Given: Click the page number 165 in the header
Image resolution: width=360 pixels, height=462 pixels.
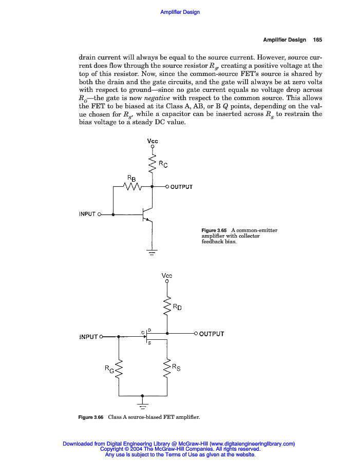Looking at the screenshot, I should (x=317, y=40).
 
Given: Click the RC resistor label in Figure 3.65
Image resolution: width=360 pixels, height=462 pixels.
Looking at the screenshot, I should (x=163, y=164).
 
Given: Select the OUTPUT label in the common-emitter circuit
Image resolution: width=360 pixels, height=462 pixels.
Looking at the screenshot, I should (x=181, y=187).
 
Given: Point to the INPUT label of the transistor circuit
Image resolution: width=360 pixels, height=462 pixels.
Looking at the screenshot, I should (x=87, y=214).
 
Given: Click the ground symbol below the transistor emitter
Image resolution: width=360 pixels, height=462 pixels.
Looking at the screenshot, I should (x=152, y=251).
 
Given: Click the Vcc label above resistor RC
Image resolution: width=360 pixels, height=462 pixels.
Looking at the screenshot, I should (x=153, y=141).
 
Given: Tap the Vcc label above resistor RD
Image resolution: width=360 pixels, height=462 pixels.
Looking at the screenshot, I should (x=167, y=276).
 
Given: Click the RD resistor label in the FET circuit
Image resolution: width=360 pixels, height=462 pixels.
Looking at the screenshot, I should (x=177, y=307).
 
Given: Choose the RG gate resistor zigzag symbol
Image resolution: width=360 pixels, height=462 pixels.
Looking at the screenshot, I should (x=119, y=369).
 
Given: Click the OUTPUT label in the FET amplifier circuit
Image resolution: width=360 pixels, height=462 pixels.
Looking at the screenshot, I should (x=212, y=334).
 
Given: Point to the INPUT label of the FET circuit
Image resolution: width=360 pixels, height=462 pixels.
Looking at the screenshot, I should (x=88, y=337).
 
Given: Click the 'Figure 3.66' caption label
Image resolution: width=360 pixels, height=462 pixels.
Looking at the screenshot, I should (x=91, y=417).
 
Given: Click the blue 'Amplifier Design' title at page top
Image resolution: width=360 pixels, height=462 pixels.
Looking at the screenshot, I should (x=180, y=12).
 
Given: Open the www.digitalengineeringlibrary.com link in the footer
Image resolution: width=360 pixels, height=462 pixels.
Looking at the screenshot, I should (x=252, y=444).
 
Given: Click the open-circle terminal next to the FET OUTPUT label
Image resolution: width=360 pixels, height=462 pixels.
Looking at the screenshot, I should (x=196, y=334).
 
